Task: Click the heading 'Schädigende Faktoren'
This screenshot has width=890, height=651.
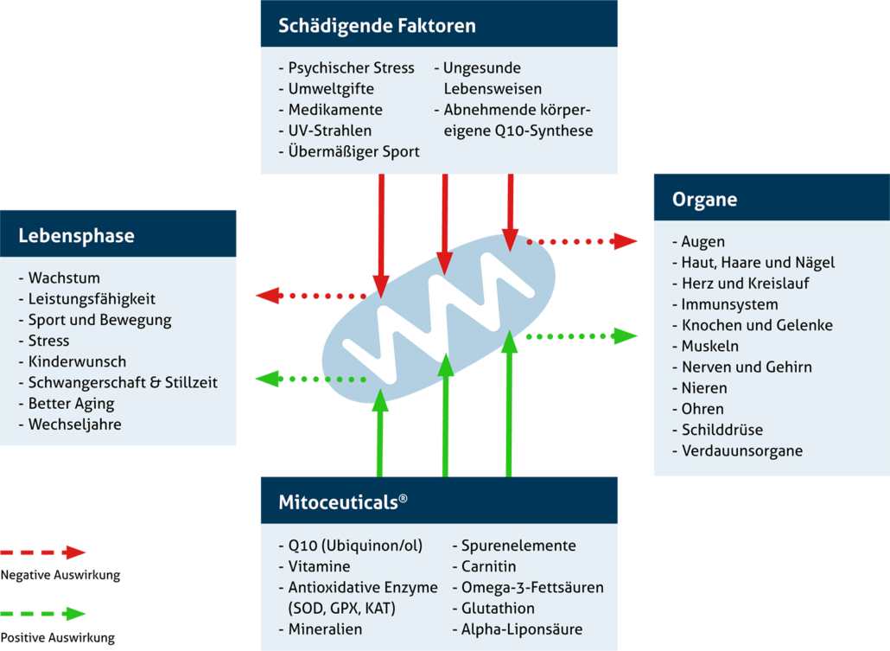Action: click(377, 26)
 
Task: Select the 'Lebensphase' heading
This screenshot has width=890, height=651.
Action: click(76, 235)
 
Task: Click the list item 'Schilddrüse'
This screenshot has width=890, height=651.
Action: click(722, 430)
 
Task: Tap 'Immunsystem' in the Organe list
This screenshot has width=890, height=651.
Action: click(729, 304)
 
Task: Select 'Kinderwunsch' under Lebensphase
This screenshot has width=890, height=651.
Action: click(77, 361)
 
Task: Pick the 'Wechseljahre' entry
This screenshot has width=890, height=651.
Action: click(74, 424)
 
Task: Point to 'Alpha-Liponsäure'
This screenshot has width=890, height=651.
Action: click(521, 629)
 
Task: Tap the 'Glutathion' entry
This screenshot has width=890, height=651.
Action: click(498, 609)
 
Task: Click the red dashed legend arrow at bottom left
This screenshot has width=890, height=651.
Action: click(43, 552)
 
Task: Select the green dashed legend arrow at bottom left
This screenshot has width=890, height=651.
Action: click(43, 615)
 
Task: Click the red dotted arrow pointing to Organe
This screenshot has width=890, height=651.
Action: click(583, 241)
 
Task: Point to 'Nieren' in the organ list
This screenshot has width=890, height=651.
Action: click(704, 388)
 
